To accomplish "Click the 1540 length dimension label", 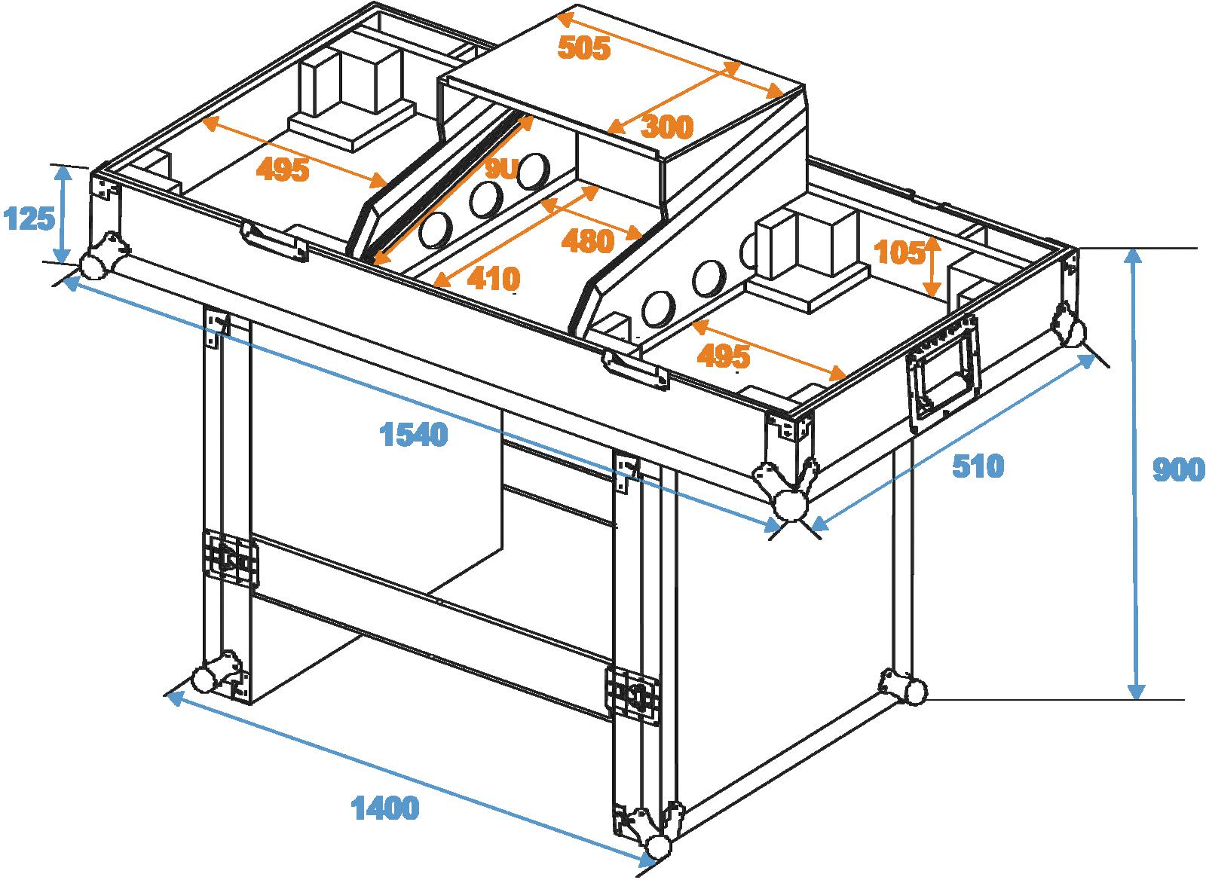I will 414,435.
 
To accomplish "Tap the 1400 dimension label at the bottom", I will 385,808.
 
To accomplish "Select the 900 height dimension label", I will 1178,470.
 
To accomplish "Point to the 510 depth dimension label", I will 978,466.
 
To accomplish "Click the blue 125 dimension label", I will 29,219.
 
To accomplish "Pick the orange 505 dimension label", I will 583,48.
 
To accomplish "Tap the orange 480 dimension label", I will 588,241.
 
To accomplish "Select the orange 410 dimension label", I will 494,279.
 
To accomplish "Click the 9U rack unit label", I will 500,171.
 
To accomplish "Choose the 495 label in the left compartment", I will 283,170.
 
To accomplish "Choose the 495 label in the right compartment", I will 724,356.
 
